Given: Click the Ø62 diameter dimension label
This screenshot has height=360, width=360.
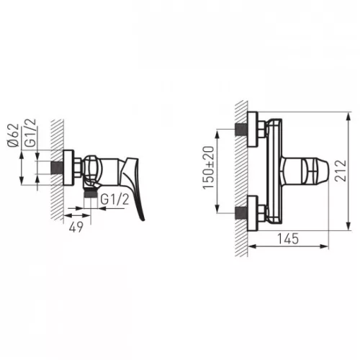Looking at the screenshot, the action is click(14, 135).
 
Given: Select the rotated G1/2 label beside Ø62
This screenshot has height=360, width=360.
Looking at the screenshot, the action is click(31, 132).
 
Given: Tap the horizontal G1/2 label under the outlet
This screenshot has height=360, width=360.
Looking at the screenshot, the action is click(114, 199).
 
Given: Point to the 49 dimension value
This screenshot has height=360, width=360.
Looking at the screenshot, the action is click(76, 227).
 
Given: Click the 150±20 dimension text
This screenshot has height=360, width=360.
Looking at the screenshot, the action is click(208, 168).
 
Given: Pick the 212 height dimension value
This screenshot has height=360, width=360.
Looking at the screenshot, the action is click(341, 171).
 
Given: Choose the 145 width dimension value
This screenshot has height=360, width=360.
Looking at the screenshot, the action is click(288, 238).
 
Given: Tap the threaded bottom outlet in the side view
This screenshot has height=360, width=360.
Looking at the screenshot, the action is click(91, 194).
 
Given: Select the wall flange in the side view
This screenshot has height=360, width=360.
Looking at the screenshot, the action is click(68, 168).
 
